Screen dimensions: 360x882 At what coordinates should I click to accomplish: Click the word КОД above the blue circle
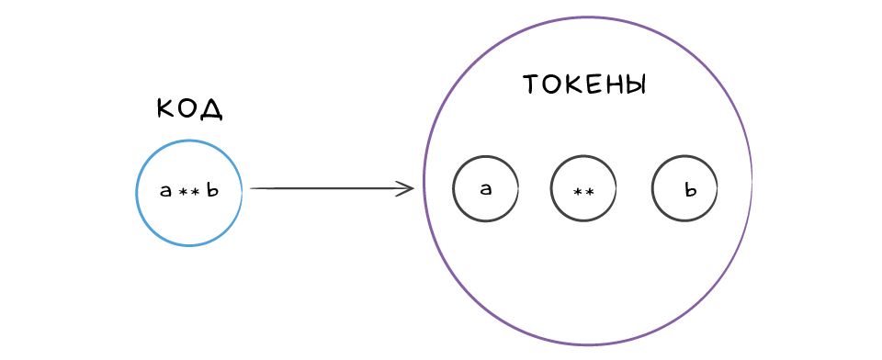pos(190,108)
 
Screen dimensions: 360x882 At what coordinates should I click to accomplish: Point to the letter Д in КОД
pos(212,109)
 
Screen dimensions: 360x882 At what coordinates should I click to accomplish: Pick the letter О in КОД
pos(189,108)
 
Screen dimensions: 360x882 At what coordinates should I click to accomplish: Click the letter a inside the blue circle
pos(166,191)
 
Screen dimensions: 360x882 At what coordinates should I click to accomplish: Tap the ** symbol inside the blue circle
pos(188,192)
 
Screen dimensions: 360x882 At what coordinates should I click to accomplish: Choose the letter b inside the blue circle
pos(211,190)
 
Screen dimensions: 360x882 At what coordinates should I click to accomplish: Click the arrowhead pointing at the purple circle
pos(406,188)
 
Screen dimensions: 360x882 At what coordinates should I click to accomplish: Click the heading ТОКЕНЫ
pos(585,85)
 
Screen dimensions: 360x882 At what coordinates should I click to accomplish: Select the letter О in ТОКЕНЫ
pos(553,85)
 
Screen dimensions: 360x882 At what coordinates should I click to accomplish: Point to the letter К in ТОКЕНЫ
pos(573,85)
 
